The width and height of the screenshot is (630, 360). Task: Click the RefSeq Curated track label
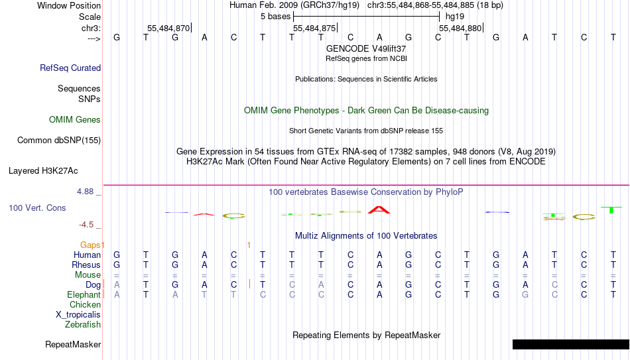[x=70, y=68]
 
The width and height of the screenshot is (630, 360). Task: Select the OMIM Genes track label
[x=75, y=120]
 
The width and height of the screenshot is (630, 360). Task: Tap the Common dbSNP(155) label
[x=59, y=141]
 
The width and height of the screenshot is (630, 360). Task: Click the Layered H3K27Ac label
[x=43, y=171]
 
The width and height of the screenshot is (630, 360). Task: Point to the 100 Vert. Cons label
[x=37, y=208]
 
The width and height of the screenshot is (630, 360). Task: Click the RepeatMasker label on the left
[x=73, y=344]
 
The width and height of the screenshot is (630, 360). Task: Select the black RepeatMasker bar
[x=571, y=344]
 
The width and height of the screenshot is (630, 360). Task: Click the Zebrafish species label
[x=83, y=324]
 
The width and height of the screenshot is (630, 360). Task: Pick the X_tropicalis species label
[x=78, y=315]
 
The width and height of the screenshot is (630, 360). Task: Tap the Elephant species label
[x=84, y=294]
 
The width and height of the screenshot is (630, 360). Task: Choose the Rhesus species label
[x=86, y=265]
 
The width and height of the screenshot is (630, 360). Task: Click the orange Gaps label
[x=90, y=245]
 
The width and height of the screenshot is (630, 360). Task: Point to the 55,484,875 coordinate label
[x=314, y=28]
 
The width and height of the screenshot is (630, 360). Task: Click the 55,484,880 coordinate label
[x=460, y=28]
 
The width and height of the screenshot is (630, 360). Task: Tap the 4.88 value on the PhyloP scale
[x=85, y=192]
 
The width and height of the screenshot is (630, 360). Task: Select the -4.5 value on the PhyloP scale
[x=86, y=225]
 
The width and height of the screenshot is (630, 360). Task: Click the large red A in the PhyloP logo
[x=379, y=210]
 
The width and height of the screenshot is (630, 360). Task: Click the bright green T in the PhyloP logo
[x=611, y=210]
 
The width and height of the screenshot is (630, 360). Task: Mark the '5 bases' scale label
[x=275, y=17]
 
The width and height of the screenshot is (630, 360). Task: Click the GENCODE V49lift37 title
[x=366, y=48]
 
